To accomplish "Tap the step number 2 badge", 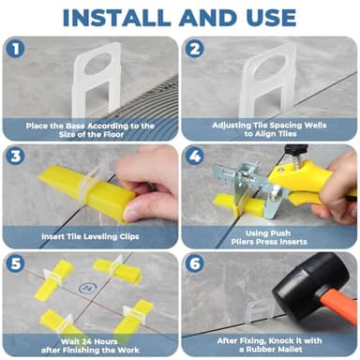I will [194, 48].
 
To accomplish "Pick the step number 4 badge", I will [194, 155].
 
